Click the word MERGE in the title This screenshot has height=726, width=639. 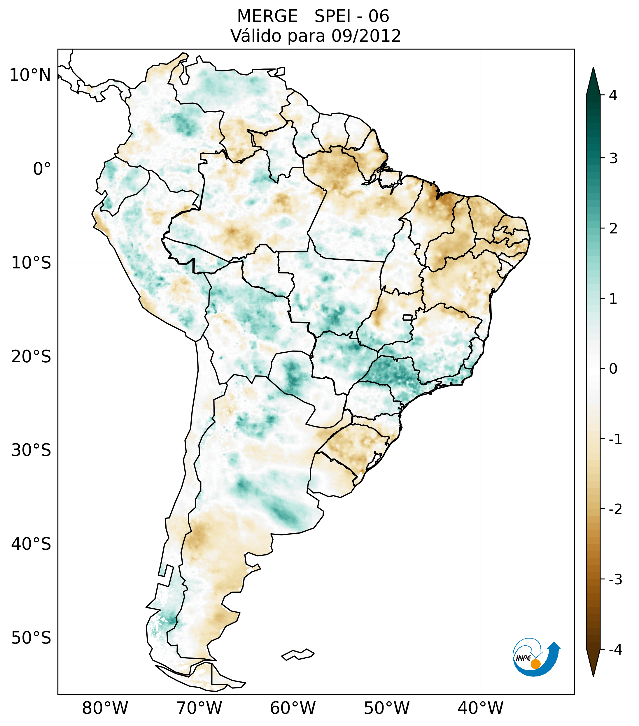pyautogui.click(x=267, y=16)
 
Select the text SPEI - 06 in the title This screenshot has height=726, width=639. pyautogui.click(x=352, y=16)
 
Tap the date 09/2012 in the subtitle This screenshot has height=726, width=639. pyautogui.click(x=366, y=36)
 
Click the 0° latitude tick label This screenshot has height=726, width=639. pyautogui.click(x=42, y=169)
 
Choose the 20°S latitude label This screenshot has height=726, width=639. pyautogui.click(x=31, y=357)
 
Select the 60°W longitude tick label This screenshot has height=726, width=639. pyautogui.click(x=293, y=708)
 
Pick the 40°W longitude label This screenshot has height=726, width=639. pyautogui.click(x=481, y=708)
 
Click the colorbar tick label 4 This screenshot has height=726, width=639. pyautogui.click(x=613, y=95)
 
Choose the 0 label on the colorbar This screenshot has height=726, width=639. pyautogui.click(x=613, y=369)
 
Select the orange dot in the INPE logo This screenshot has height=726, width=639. pyautogui.click(x=535, y=664)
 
